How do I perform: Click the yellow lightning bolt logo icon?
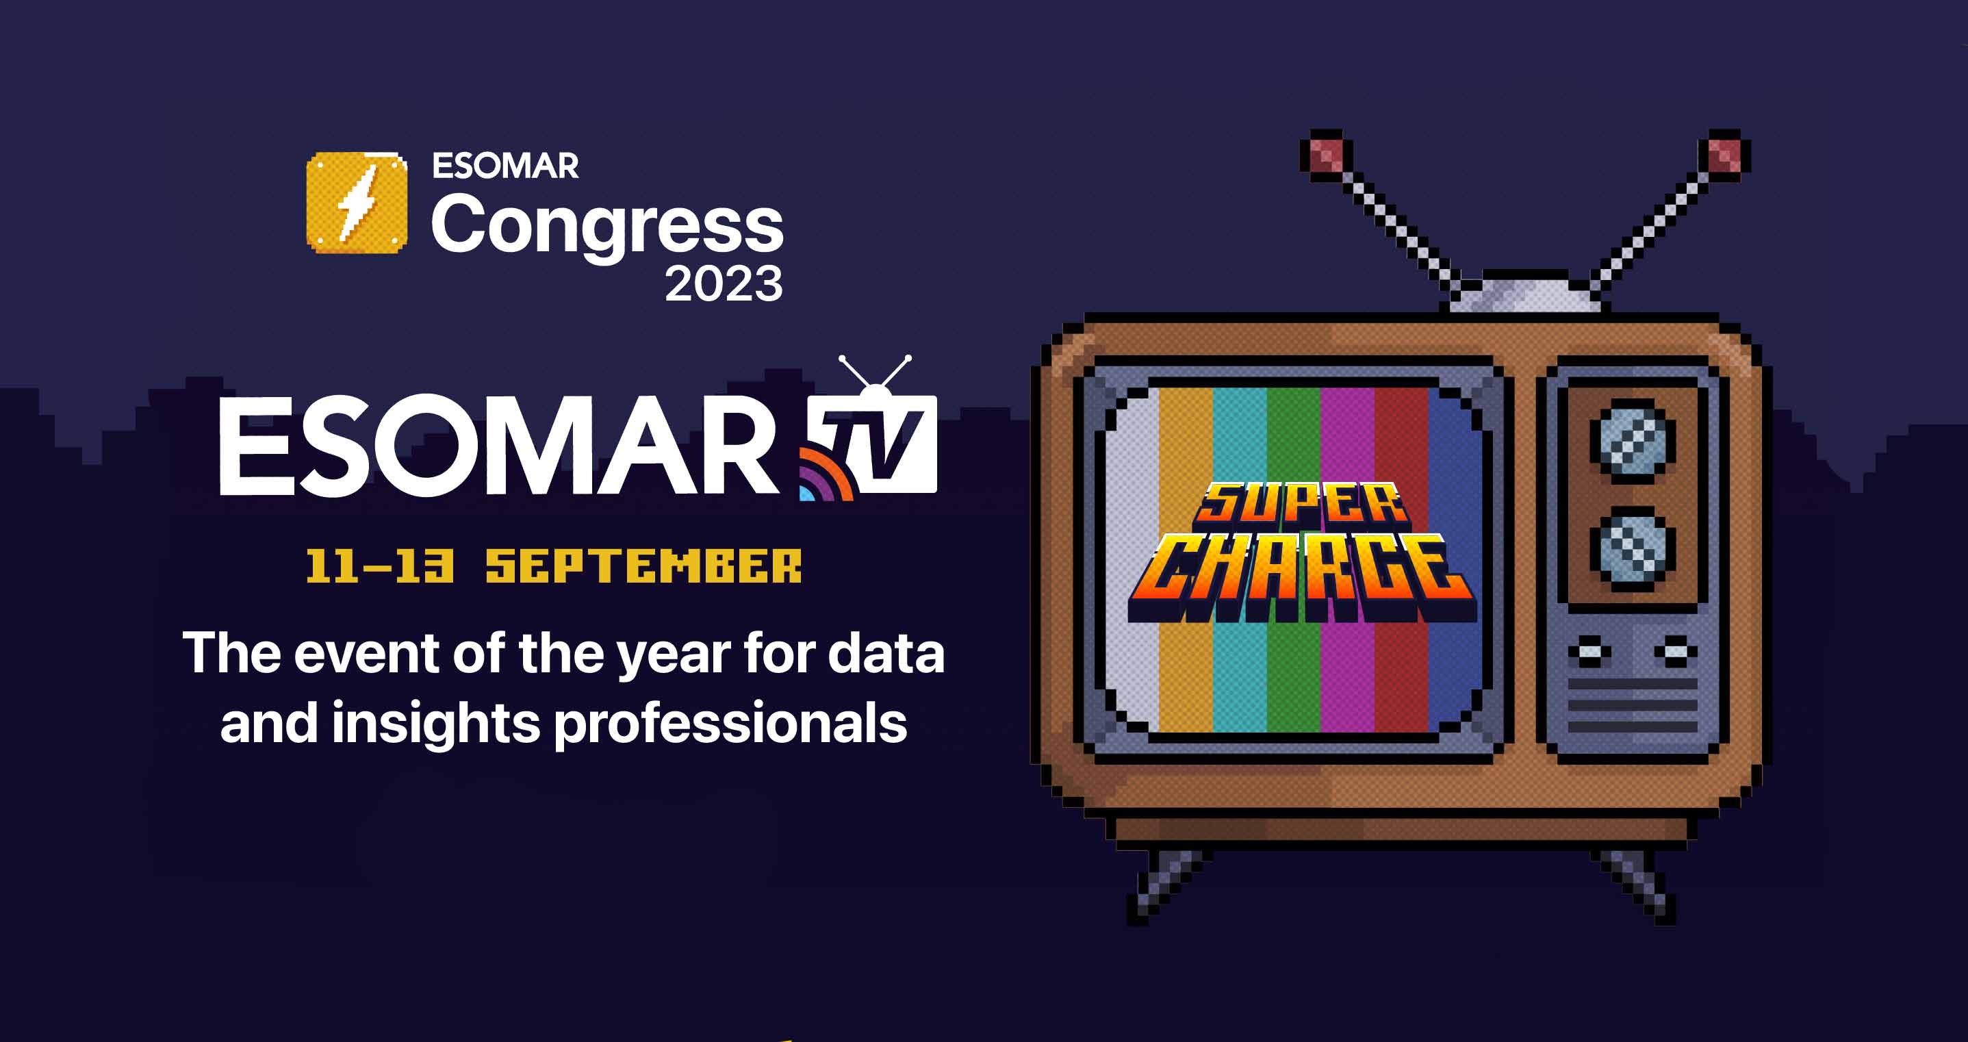(357, 203)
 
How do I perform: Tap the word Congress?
(607, 225)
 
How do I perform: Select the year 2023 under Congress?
(724, 284)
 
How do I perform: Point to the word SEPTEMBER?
(644, 566)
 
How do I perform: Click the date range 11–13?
(380, 566)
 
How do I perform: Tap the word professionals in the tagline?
(730, 724)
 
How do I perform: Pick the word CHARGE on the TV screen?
(1302, 576)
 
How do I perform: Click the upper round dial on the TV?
(1633, 442)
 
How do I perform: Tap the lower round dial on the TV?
(1633, 549)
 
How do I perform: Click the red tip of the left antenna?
(1327, 156)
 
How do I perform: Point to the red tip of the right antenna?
(1724, 156)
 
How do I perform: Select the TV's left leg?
(1169, 886)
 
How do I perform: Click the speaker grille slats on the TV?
(1633, 705)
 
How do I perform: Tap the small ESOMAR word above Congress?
(505, 166)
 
